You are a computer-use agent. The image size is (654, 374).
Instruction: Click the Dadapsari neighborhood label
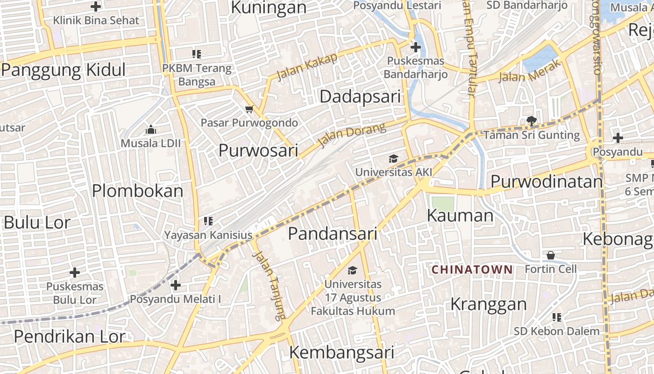pyautogui.click(x=360, y=97)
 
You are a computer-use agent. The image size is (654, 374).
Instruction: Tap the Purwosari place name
pyautogui.click(x=258, y=151)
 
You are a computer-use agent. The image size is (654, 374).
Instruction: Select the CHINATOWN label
pyautogui.click(x=472, y=270)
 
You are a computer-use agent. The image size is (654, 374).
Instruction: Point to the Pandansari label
pyautogui.click(x=332, y=233)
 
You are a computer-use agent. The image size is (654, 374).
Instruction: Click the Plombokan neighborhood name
pyautogui.click(x=138, y=191)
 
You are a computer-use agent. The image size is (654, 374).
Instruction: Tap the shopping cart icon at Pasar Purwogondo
pyautogui.click(x=249, y=109)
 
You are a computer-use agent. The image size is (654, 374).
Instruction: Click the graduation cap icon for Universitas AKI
pyautogui.click(x=393, y=159)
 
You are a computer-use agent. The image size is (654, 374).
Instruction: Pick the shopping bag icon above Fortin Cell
pyautogui.click(x=551, y=255)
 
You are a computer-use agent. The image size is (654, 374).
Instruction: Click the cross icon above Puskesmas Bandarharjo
pyautogui.click(x=415, y=47)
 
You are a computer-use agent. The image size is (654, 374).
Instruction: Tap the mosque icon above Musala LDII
pyautogui.click(x=150, y=129)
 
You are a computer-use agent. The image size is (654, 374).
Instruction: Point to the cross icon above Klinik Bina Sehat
pyautogui.click(x=96, y=7)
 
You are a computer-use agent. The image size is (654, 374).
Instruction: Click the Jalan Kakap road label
pyautogui.click(x=307, y=66)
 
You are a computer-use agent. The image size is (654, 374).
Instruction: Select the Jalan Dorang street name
pyautogui.click(x=351, y=134)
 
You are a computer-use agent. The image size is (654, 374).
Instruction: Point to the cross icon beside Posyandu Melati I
pyautogui.click(x=176, y=285)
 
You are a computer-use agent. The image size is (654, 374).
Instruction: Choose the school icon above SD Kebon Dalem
pyautogui.click(x=556, y=317)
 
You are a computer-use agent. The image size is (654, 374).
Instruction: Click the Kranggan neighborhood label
pyautogui.click(x=488, y=304)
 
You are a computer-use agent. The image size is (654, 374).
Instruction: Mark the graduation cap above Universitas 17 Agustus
pyautogui.click(x=352, y=270)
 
